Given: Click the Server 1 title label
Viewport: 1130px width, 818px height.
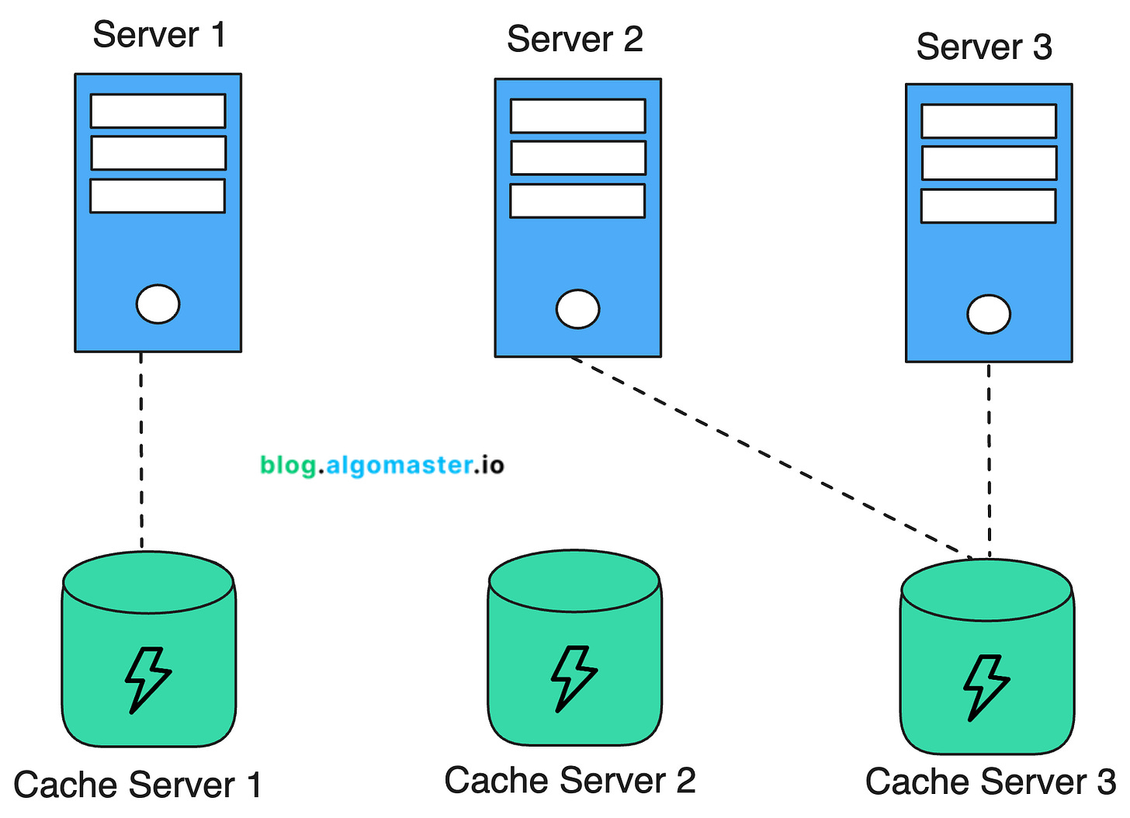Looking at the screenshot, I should pyautogui.click(x=159, y=35).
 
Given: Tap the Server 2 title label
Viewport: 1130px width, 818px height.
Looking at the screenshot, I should pyautogui.click(x=575, y=40).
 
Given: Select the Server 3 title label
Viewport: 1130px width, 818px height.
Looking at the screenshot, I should pyautogui.click(x=984, y=47).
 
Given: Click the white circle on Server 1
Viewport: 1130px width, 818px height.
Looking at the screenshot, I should pyautogui.click(x=158, y=303).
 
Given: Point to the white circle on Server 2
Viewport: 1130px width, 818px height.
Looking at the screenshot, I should pyautogui.click(x=578, y=309).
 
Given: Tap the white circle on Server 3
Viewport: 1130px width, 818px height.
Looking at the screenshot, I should pyautogui.click(x=989, y=314).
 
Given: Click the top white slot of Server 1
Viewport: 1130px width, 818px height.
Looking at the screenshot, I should pyautogui.click(x=158, y=111).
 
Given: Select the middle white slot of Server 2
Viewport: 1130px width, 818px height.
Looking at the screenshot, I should pyautogui.click(x=578, y=158).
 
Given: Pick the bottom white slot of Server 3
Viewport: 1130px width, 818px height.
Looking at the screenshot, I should pyautogui.click(x=988, y=206).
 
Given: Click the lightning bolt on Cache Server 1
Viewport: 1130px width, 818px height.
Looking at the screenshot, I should pyautogui.click(x=147, y=680).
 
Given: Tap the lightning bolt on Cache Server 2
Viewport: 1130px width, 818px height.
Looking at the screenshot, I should pyautogui.click(x=574, y=678).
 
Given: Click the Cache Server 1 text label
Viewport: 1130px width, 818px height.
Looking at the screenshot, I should pyautogui.click(x=137, y=785).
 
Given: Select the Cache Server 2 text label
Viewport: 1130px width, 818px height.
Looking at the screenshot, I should pyautogui.click(x=570, y=781).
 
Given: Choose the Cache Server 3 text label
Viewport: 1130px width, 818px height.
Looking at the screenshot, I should pyautogui.click(x=990, y=782).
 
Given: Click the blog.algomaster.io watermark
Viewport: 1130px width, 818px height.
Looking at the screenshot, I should pyautogui.click(x=382, y=465).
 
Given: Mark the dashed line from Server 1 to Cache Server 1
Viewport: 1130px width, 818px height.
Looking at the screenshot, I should pyautogui.click(x=141, y=450).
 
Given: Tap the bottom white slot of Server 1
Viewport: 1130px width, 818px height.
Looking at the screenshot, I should pyautogui.click(x=158, y=196).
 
